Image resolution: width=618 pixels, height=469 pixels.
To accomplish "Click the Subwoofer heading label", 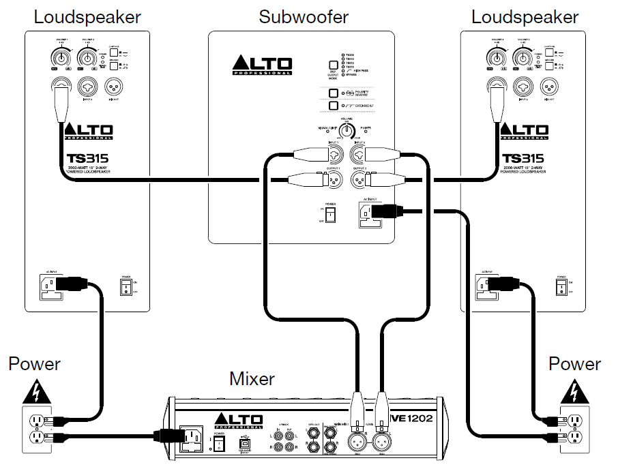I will point(303,16).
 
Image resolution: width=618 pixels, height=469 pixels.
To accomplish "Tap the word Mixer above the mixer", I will point(252,378).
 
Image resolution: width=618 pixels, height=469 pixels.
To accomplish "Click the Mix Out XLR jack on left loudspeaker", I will point(112,87).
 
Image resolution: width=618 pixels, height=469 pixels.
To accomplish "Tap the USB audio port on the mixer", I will point(245,443).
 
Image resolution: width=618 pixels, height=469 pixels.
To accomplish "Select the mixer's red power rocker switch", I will point(218,444).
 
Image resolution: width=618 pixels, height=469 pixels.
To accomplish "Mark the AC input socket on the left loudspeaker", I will point(50,287).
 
